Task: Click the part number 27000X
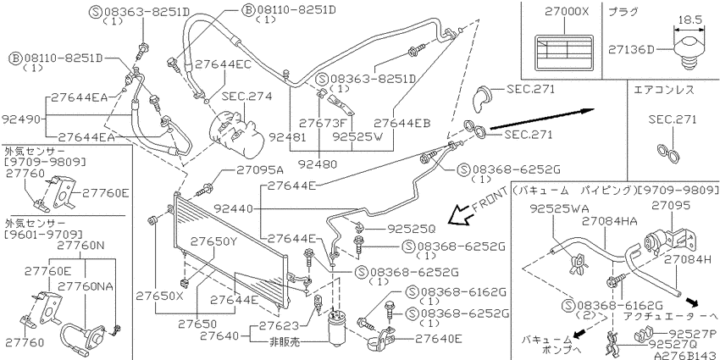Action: pyautogui.click(x=566, y=12)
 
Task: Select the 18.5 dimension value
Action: pyautogui.click(x=690, y=20)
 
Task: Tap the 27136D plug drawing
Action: pyautogui.click(x=689, y=53)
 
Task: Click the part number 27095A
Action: pyautogui.click(x=260, y=170)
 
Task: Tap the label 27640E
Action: pyautogui.click(x=439, y=340)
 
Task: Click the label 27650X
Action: pyautogui.click(x=159, y=296)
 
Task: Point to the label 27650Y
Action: pyautogui.click(x=214, y=241)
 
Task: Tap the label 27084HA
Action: pyautogui.click(x=609, y=221)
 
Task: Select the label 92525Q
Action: pyautogui.click(x=411, y=227)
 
